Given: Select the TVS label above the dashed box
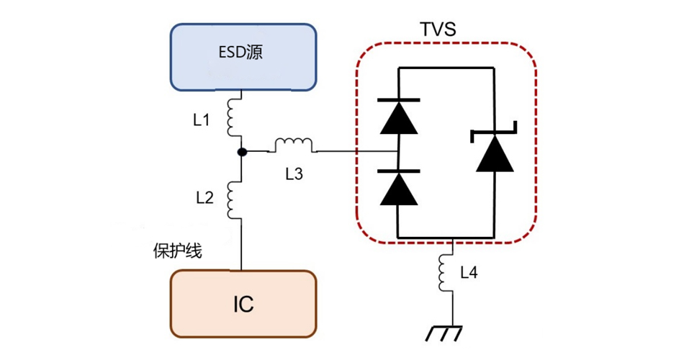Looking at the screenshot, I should (x=438, y=30).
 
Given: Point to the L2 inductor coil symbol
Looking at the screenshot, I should (x=234, y=199).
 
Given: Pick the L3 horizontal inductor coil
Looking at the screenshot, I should (x=294, y=146).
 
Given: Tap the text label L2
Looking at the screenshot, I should (x=204, y=199).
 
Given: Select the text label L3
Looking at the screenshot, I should (x=294, y=173).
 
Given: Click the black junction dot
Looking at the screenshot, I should (x=243, y=152).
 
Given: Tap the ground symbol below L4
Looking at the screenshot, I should (x=444, y=333).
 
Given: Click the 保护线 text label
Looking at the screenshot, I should (x=177, y=251).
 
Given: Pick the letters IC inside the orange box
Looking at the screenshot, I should (x=243, y=305).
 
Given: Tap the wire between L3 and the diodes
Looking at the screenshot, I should (x=357, y=152).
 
